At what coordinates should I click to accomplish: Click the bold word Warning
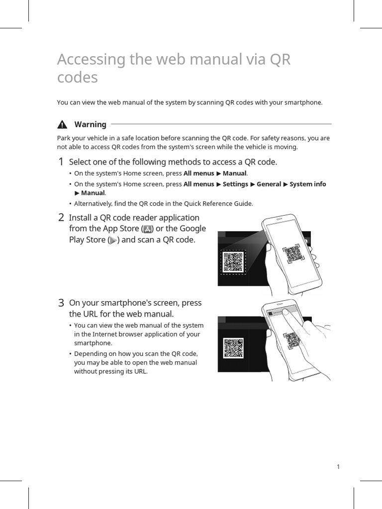click(90, 124)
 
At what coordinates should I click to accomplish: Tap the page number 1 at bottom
click(338, 466)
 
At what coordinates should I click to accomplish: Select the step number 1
click(61, 162)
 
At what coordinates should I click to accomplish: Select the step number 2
click(61, 218)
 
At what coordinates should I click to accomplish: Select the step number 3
click(61, 303)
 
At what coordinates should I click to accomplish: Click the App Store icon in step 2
click(148, 229)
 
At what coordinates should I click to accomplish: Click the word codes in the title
click(77, 78)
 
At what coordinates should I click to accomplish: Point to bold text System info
click(307, 184)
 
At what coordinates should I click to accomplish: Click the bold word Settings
click(235, 184)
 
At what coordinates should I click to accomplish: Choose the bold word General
click(269, 184)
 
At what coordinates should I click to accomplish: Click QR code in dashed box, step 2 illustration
click(233, 261)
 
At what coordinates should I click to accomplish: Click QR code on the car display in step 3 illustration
click(233, 347)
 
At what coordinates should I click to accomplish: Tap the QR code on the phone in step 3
click(293, 340)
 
